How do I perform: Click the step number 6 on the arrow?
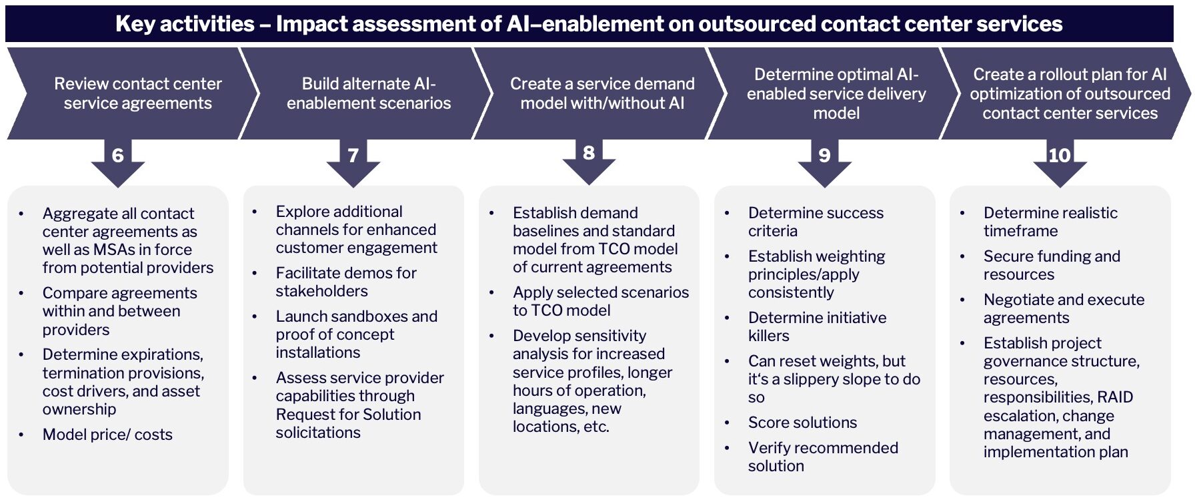point(118,156)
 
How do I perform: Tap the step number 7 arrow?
point(353,156)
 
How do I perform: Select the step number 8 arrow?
point(589,154)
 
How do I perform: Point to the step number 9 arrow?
point(825,156)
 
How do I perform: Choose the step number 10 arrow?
point(1060,156)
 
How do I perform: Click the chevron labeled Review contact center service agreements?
point(137,93)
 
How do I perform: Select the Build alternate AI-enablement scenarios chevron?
point(369,93)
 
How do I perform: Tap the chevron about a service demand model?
point(602,93)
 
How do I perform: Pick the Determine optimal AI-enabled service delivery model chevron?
point(836,93)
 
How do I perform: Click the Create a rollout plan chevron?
point(1070,93)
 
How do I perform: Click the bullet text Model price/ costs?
point(107,435)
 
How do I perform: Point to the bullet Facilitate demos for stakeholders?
point(345,282)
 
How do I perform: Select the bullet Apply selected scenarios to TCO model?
point(600,301)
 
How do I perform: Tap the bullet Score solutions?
point(802,423)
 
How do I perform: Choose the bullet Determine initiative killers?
point(817,326)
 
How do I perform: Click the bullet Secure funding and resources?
point(1052,265)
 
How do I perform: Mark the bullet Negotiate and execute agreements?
point(1064,308)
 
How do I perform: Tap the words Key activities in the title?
point(185,24)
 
